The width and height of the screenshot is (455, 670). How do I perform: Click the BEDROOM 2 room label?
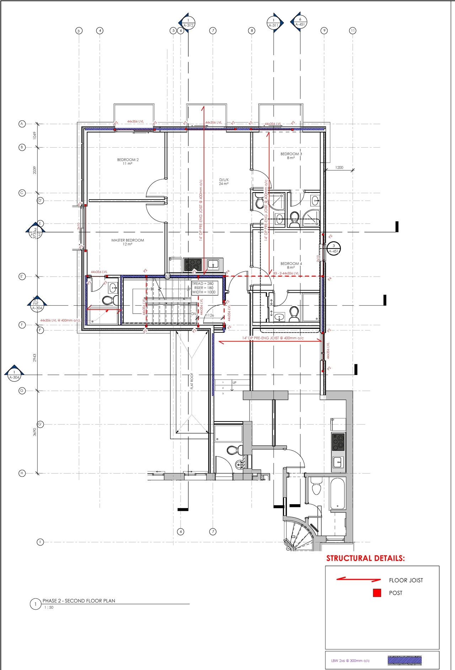128,162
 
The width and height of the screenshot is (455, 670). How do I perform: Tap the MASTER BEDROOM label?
128,242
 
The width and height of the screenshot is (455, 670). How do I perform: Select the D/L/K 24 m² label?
224,182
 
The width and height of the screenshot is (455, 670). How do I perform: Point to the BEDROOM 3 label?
291,156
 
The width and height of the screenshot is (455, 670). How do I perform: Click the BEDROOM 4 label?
291,266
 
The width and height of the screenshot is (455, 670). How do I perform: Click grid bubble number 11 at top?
353,31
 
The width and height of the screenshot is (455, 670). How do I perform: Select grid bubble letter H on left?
22,473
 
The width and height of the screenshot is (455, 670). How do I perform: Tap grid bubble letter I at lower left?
40,542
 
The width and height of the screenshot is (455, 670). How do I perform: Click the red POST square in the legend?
377,593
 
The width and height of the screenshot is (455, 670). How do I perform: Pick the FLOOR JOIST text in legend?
406,580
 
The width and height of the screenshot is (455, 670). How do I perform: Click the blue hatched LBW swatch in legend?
405,660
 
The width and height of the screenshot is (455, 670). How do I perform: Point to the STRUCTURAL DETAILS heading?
365,558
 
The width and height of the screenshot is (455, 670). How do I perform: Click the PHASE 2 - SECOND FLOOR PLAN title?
79,601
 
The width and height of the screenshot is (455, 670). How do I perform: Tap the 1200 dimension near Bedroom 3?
339,168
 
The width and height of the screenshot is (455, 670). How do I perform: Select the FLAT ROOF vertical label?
192,381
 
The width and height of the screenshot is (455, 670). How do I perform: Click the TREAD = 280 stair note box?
204,288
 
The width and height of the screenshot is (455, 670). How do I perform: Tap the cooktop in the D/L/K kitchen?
193,265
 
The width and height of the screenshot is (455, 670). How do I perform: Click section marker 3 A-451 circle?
334,248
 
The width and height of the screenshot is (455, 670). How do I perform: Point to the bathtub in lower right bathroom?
337,494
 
